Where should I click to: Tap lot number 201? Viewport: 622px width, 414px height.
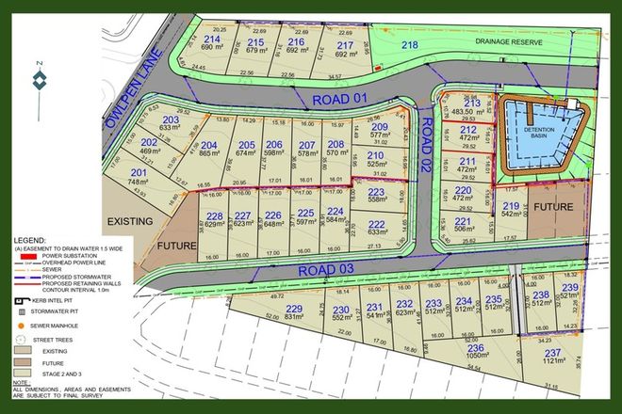click(x=139, y=173)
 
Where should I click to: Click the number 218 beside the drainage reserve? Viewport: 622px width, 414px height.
click(x=408, y=44)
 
